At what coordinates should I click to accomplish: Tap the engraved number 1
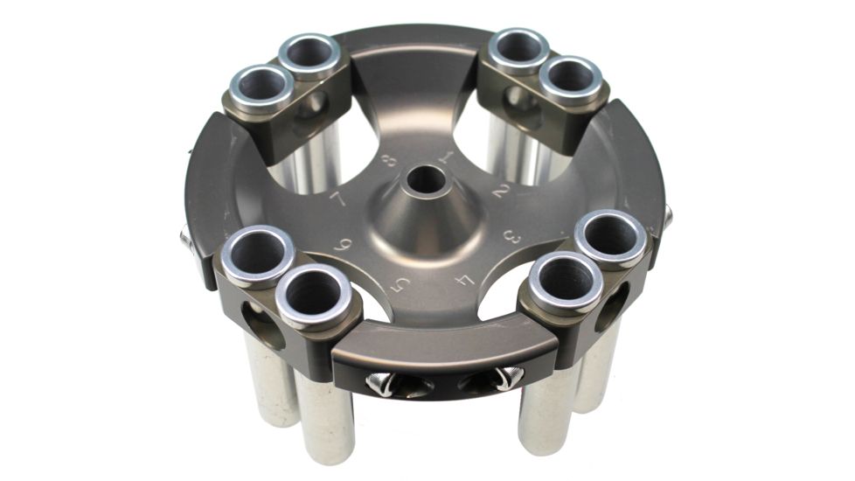click(446, 158)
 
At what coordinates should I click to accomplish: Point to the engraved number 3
click(513, 236)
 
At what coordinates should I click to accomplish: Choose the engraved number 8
click(389, 162)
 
